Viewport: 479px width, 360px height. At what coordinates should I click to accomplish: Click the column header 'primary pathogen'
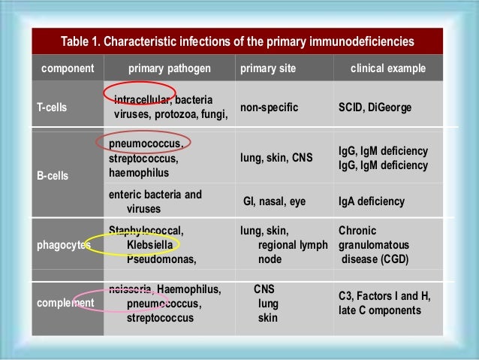coord(170,68)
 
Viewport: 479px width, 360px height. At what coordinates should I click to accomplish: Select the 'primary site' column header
coord(267,68)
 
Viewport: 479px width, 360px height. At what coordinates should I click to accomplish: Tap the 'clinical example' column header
coord(388,68)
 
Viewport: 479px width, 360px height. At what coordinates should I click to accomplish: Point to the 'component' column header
coord(68,68)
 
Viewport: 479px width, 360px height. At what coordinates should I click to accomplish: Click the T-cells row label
coord(52,107)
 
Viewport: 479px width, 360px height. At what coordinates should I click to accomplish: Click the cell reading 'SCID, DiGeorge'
coord(375,107)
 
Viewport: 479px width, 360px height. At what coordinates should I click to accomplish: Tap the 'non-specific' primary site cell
coord(269,107)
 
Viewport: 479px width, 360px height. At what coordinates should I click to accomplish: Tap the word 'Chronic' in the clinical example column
coord(357,231)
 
